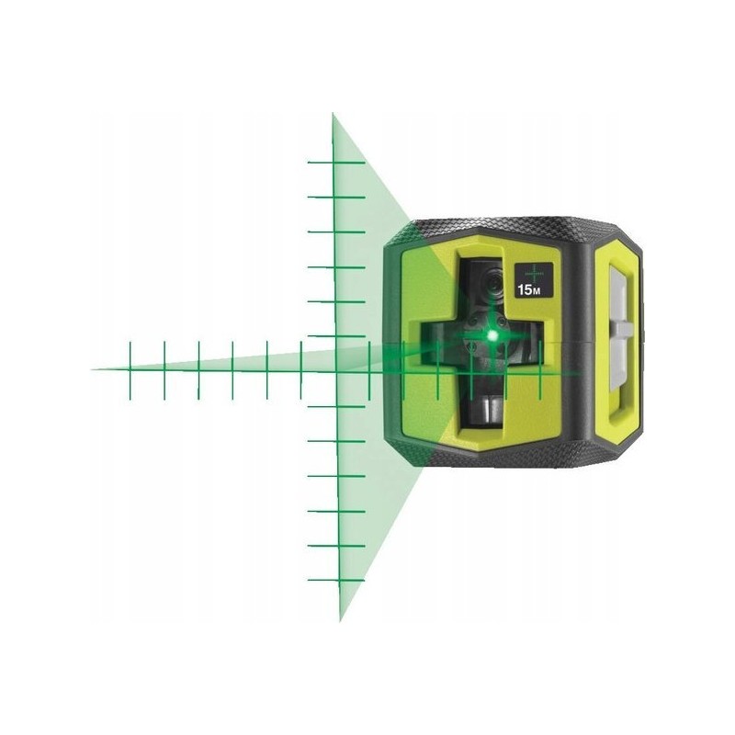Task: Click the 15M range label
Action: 529,289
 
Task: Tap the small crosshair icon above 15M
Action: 533,272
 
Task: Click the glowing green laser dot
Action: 492,334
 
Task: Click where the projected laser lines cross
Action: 336,370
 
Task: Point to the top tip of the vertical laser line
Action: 333,113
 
